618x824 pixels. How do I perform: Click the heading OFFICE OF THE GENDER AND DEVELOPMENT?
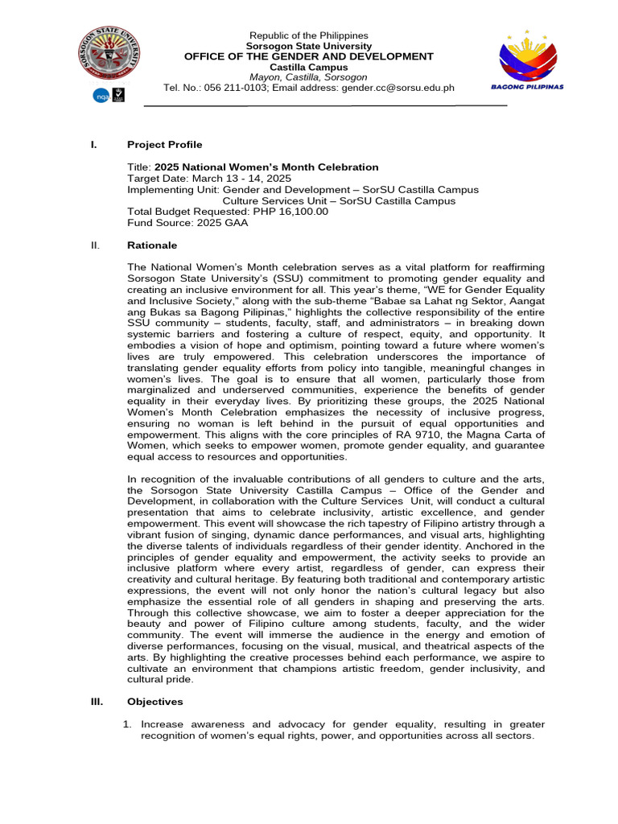click(x=309, y=56)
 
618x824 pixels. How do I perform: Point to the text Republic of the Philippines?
click(x=309, y=35)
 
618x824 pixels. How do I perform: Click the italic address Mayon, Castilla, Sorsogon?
click(x=309, y=77)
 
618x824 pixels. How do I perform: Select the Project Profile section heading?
click(x=165, y=145)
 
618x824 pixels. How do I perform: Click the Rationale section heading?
click(x=152, y=245)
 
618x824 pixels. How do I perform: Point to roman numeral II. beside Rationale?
click(x=93, y=245)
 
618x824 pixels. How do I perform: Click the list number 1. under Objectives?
click(x=127, y=724)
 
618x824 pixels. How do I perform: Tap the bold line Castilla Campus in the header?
click(x=309, y=67)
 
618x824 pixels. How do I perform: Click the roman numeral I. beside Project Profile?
click(x=93, y=145)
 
